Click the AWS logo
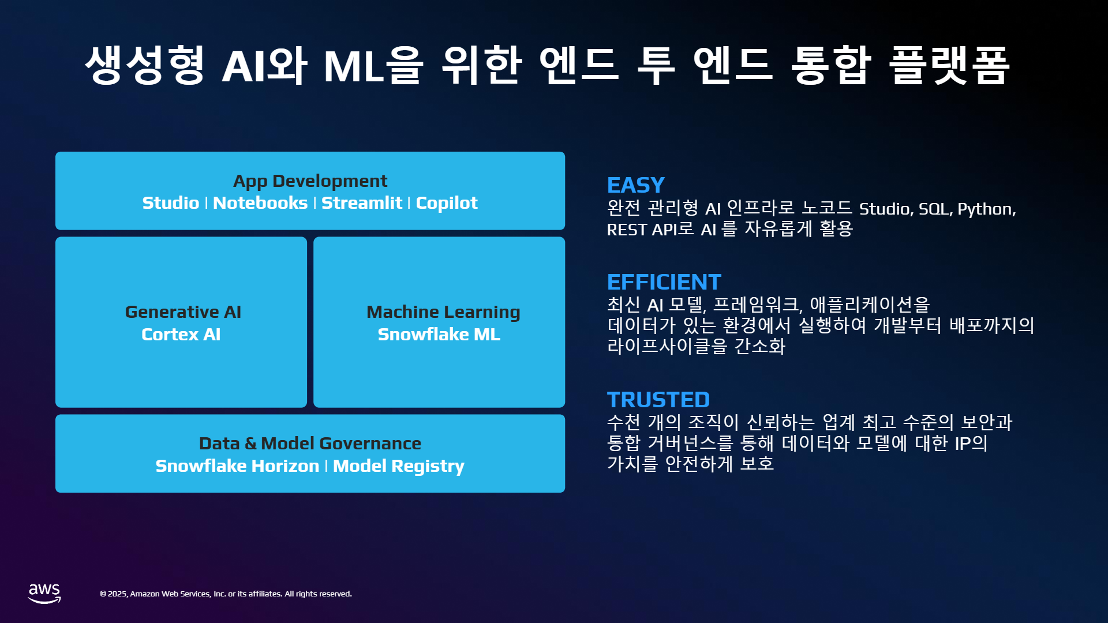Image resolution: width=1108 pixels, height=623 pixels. (x=44, y=594)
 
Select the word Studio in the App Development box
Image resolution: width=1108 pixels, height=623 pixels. (x=171, y=203)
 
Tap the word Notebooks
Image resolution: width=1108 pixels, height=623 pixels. (x=260, y=203)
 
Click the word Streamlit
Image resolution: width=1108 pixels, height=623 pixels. (x=362, y=203)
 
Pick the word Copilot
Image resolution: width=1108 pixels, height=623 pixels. (x=447, y=204)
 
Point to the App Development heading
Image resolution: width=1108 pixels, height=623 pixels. (x=310, y=182)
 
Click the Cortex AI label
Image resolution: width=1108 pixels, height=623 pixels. (x=181, y=335)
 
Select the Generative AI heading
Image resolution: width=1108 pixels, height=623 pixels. (x=183, y=312)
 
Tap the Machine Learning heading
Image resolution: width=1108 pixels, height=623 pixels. (x=443, y=313)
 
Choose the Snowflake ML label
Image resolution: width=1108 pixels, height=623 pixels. (x=439, y=335)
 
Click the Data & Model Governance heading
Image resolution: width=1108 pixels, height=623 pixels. (x=310, y=444)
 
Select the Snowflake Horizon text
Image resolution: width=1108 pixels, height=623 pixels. (x=237, y=466)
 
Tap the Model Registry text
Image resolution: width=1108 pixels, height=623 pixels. (x=399, y=467)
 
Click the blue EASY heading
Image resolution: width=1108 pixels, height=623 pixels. (x=636, y=185)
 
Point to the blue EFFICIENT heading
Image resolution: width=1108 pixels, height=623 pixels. (x=664, y=282)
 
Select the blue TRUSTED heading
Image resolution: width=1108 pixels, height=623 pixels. (x=658, y=400)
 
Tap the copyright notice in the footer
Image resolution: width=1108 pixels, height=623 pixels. (x=226, y=594)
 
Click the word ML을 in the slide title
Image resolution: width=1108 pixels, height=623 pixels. (x=374, y=65)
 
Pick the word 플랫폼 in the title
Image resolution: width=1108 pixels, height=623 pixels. (x=950, y=65)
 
